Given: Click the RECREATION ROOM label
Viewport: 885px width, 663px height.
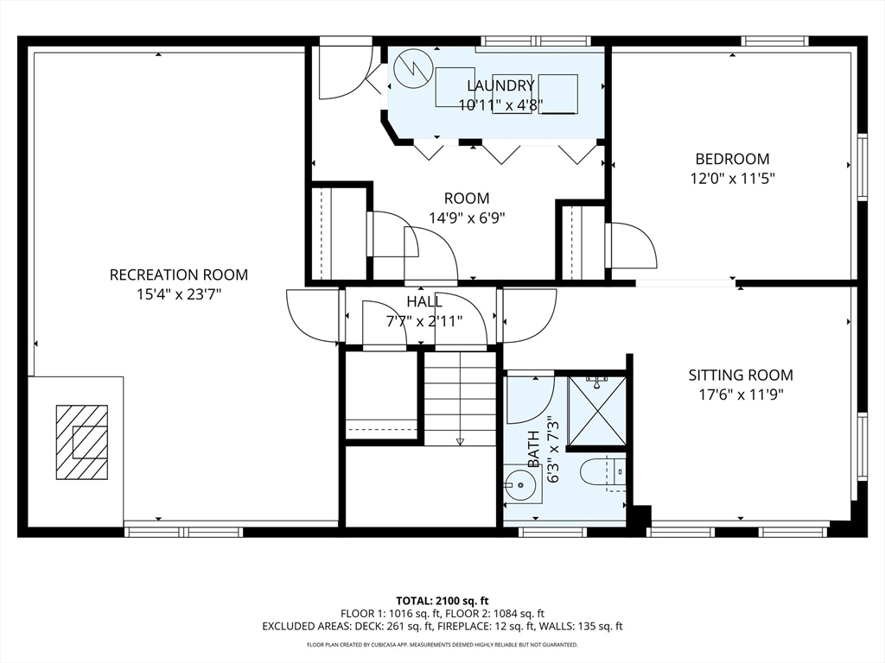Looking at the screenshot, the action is click(178, 275).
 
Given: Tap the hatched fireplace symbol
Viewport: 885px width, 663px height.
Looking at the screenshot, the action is click(82, 442).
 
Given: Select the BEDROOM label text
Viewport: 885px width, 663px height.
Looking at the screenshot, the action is click(732, 159).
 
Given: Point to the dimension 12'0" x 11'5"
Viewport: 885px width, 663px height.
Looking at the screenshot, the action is click(732, 179).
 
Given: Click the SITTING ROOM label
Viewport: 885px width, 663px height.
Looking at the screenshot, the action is click(741, 375).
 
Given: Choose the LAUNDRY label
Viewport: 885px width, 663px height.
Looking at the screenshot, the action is click(500, 85).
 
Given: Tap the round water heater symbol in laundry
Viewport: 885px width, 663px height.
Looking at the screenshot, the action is click(413, 69).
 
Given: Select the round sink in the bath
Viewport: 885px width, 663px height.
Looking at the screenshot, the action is click(519, 483).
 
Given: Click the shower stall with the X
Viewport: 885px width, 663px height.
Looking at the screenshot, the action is click(597, 410).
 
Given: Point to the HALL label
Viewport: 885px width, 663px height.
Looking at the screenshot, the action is click(424, 301).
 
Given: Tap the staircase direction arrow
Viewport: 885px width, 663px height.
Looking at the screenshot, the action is click(460, 441).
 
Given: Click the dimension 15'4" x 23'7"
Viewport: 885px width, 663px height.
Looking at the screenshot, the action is click(178, 294).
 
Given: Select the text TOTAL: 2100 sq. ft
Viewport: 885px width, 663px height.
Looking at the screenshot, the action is click(442, 601).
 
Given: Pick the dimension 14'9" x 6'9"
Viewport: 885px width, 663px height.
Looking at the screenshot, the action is click(467, 218).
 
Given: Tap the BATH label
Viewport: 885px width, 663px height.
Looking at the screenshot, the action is click(533, 449).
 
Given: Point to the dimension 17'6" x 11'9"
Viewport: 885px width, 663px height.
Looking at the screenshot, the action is click(741, 395).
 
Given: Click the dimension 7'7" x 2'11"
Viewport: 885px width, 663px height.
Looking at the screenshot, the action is click(424, 321).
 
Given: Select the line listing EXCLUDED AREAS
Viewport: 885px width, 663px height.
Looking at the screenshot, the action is click(442, 627).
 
